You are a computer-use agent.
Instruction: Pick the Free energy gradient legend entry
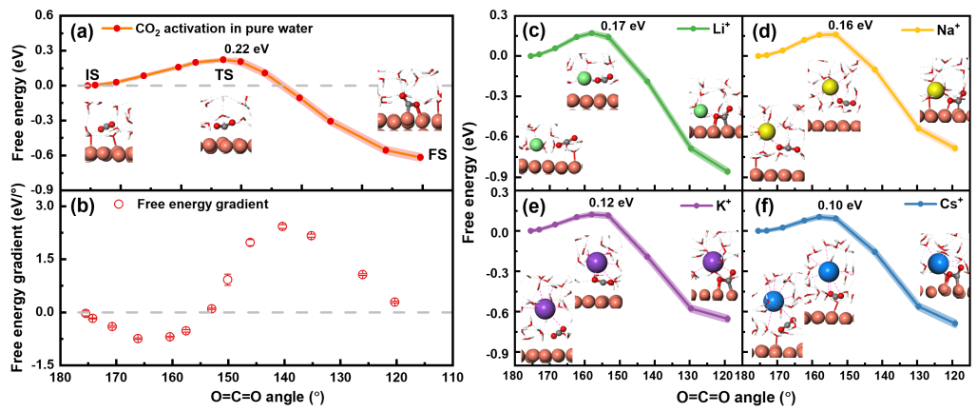coord(196,204)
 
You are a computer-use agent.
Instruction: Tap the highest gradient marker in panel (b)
coord(282,226)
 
